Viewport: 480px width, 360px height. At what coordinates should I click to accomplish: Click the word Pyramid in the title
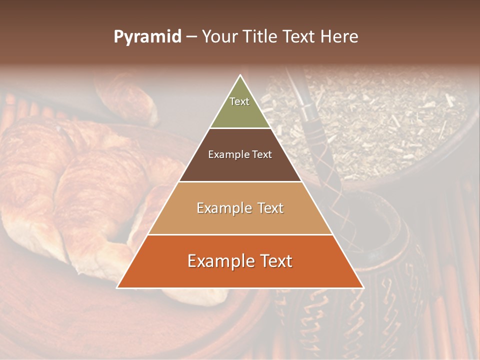(147, 37)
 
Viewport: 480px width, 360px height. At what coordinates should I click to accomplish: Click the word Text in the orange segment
(272, 261)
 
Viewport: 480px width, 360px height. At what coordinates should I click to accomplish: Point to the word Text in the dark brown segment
(262, 155)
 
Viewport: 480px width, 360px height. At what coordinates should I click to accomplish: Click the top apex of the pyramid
(240, 76)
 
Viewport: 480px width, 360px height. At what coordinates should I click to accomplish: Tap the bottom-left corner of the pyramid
(118, 287)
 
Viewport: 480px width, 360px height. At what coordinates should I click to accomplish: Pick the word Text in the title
(302, 37)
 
